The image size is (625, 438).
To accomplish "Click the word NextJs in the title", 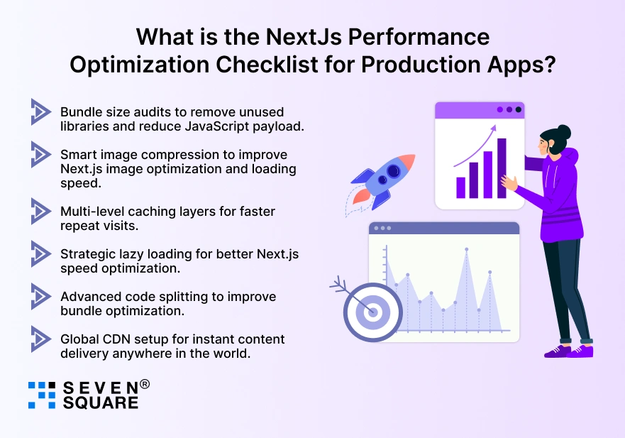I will (294, 37).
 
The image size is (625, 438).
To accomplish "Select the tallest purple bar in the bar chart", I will (502, 168).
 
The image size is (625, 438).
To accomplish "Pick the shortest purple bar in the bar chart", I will (460, 187).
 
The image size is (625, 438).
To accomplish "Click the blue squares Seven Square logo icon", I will (41, 395).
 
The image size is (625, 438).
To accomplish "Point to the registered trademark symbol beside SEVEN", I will (145, 384).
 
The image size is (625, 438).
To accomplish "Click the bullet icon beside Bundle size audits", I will (40, 111).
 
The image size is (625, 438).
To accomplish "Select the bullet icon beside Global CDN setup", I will (40, 339).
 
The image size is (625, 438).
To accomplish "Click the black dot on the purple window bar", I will (518, 109).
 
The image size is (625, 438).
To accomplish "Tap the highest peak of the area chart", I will (466, 250).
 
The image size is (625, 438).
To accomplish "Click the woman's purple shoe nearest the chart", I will (557, 350).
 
